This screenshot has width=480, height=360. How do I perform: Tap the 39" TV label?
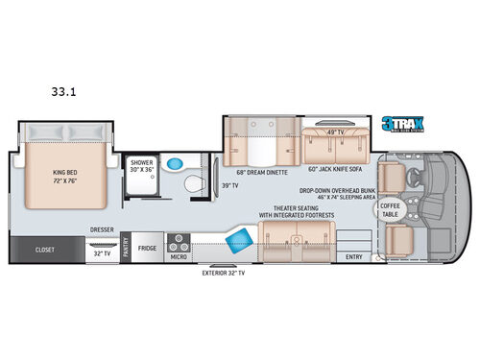click(230, 185)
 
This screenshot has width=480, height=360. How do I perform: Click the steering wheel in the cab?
click(408, 177)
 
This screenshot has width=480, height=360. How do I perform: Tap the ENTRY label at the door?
click(355, 256)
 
